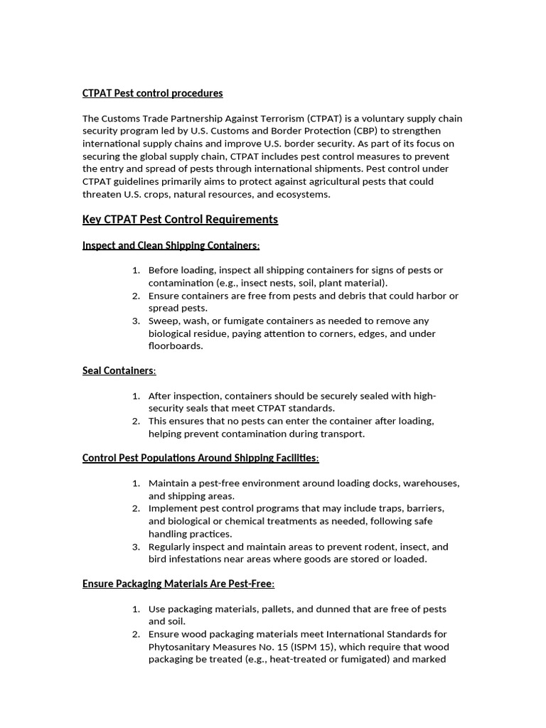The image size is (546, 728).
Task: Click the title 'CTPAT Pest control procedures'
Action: [x=152, y=93]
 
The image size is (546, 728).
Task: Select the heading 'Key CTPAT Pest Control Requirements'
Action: [x=180, y=219]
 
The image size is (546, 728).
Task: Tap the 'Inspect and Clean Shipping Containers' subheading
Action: [x=170, y=245]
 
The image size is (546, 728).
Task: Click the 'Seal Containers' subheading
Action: [x=118, y=370]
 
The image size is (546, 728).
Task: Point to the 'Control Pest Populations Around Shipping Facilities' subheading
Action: [x=200, y=458]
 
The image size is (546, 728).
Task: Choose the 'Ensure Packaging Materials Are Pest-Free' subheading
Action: [x=178, y=584]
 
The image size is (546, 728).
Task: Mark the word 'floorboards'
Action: [x=176, y=346]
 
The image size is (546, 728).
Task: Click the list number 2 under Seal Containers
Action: [x=136, y=421]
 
